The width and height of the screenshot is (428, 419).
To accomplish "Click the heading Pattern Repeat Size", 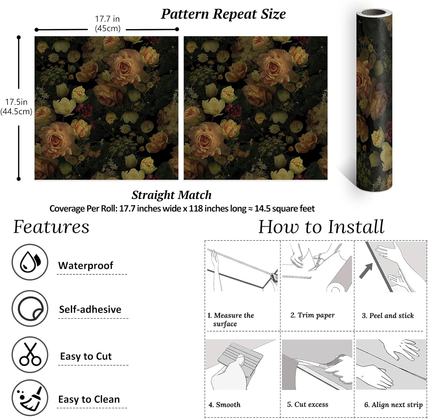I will [223, 14].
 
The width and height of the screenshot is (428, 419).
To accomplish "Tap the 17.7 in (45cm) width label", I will [107, 24].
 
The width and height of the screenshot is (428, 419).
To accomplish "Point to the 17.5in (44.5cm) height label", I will [16, 107].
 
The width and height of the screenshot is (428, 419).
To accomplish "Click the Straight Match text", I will [171, 195].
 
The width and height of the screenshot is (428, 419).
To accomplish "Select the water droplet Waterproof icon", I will [30, 262].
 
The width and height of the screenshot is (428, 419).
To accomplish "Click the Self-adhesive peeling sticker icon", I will [30, 309].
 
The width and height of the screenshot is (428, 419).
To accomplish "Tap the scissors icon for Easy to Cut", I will [30, 355].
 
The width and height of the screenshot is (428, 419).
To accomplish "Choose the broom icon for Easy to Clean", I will [30, 398].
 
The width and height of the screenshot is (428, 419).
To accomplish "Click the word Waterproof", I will [86, 266].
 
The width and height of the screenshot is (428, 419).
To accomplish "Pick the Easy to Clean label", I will [89, 399].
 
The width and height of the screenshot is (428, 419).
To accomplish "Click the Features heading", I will [51, 227].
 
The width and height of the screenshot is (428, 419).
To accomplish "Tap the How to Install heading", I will [321, 227].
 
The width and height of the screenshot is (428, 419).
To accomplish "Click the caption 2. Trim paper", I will [312, 315].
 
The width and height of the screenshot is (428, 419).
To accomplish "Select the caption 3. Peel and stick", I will [387, 316].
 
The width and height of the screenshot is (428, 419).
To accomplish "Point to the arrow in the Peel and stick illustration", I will [366, 270].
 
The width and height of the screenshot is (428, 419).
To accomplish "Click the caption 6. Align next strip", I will [393, 405].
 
